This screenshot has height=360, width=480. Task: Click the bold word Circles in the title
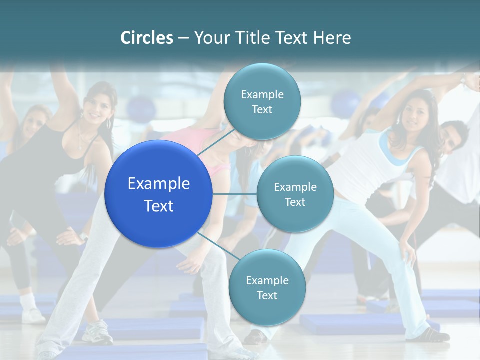click(x=146, y=38)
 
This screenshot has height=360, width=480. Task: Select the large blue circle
click(x=159, y=194)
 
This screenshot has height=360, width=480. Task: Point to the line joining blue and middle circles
click(x=234, y=194)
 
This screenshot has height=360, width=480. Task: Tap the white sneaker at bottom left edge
click(x=33, y=315)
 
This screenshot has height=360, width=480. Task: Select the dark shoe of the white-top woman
click(x=430, y=335)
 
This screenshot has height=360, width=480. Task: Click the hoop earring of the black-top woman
click(x=108, y=123)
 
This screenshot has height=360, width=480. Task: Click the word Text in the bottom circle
click(x=267, y=295)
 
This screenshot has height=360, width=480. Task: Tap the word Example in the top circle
click(x=262, y=94)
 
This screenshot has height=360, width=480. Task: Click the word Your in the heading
click(x=209, y=38)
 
